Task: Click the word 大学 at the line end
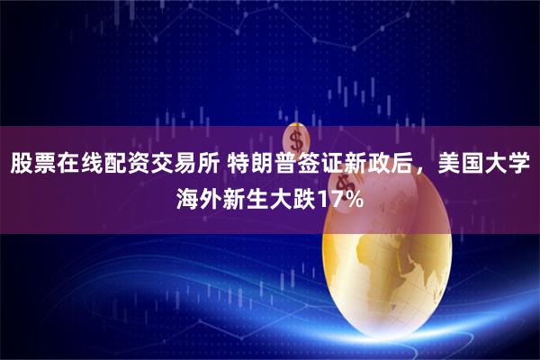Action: [507, 166]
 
